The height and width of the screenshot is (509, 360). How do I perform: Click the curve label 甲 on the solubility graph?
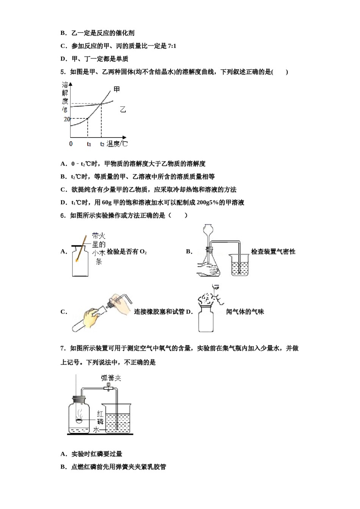coord(117,89)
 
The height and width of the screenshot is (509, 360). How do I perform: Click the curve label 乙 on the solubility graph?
coord(123,109)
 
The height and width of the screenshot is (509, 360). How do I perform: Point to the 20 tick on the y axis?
coord(67,119)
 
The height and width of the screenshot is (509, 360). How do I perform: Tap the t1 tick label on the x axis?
coord(89,144)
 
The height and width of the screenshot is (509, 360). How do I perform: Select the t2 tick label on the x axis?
coord(102,144)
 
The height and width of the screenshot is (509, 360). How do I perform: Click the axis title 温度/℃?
coord(117,144)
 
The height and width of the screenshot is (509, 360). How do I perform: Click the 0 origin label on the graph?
coord(71,144)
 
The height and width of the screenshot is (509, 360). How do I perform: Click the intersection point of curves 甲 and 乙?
coord(101,103)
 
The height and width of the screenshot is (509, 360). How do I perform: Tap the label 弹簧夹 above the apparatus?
coord(111,378)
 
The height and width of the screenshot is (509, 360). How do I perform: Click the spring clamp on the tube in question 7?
coord(108,387)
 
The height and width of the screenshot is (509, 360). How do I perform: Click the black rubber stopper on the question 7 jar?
coord(79,399)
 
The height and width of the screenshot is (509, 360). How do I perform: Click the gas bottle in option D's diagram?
coord(206,318)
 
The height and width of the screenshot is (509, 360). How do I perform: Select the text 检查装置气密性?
coord(273,251)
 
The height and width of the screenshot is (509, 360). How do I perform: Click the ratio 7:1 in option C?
coord(172,46)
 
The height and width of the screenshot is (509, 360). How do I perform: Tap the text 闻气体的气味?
coord(245,312)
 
